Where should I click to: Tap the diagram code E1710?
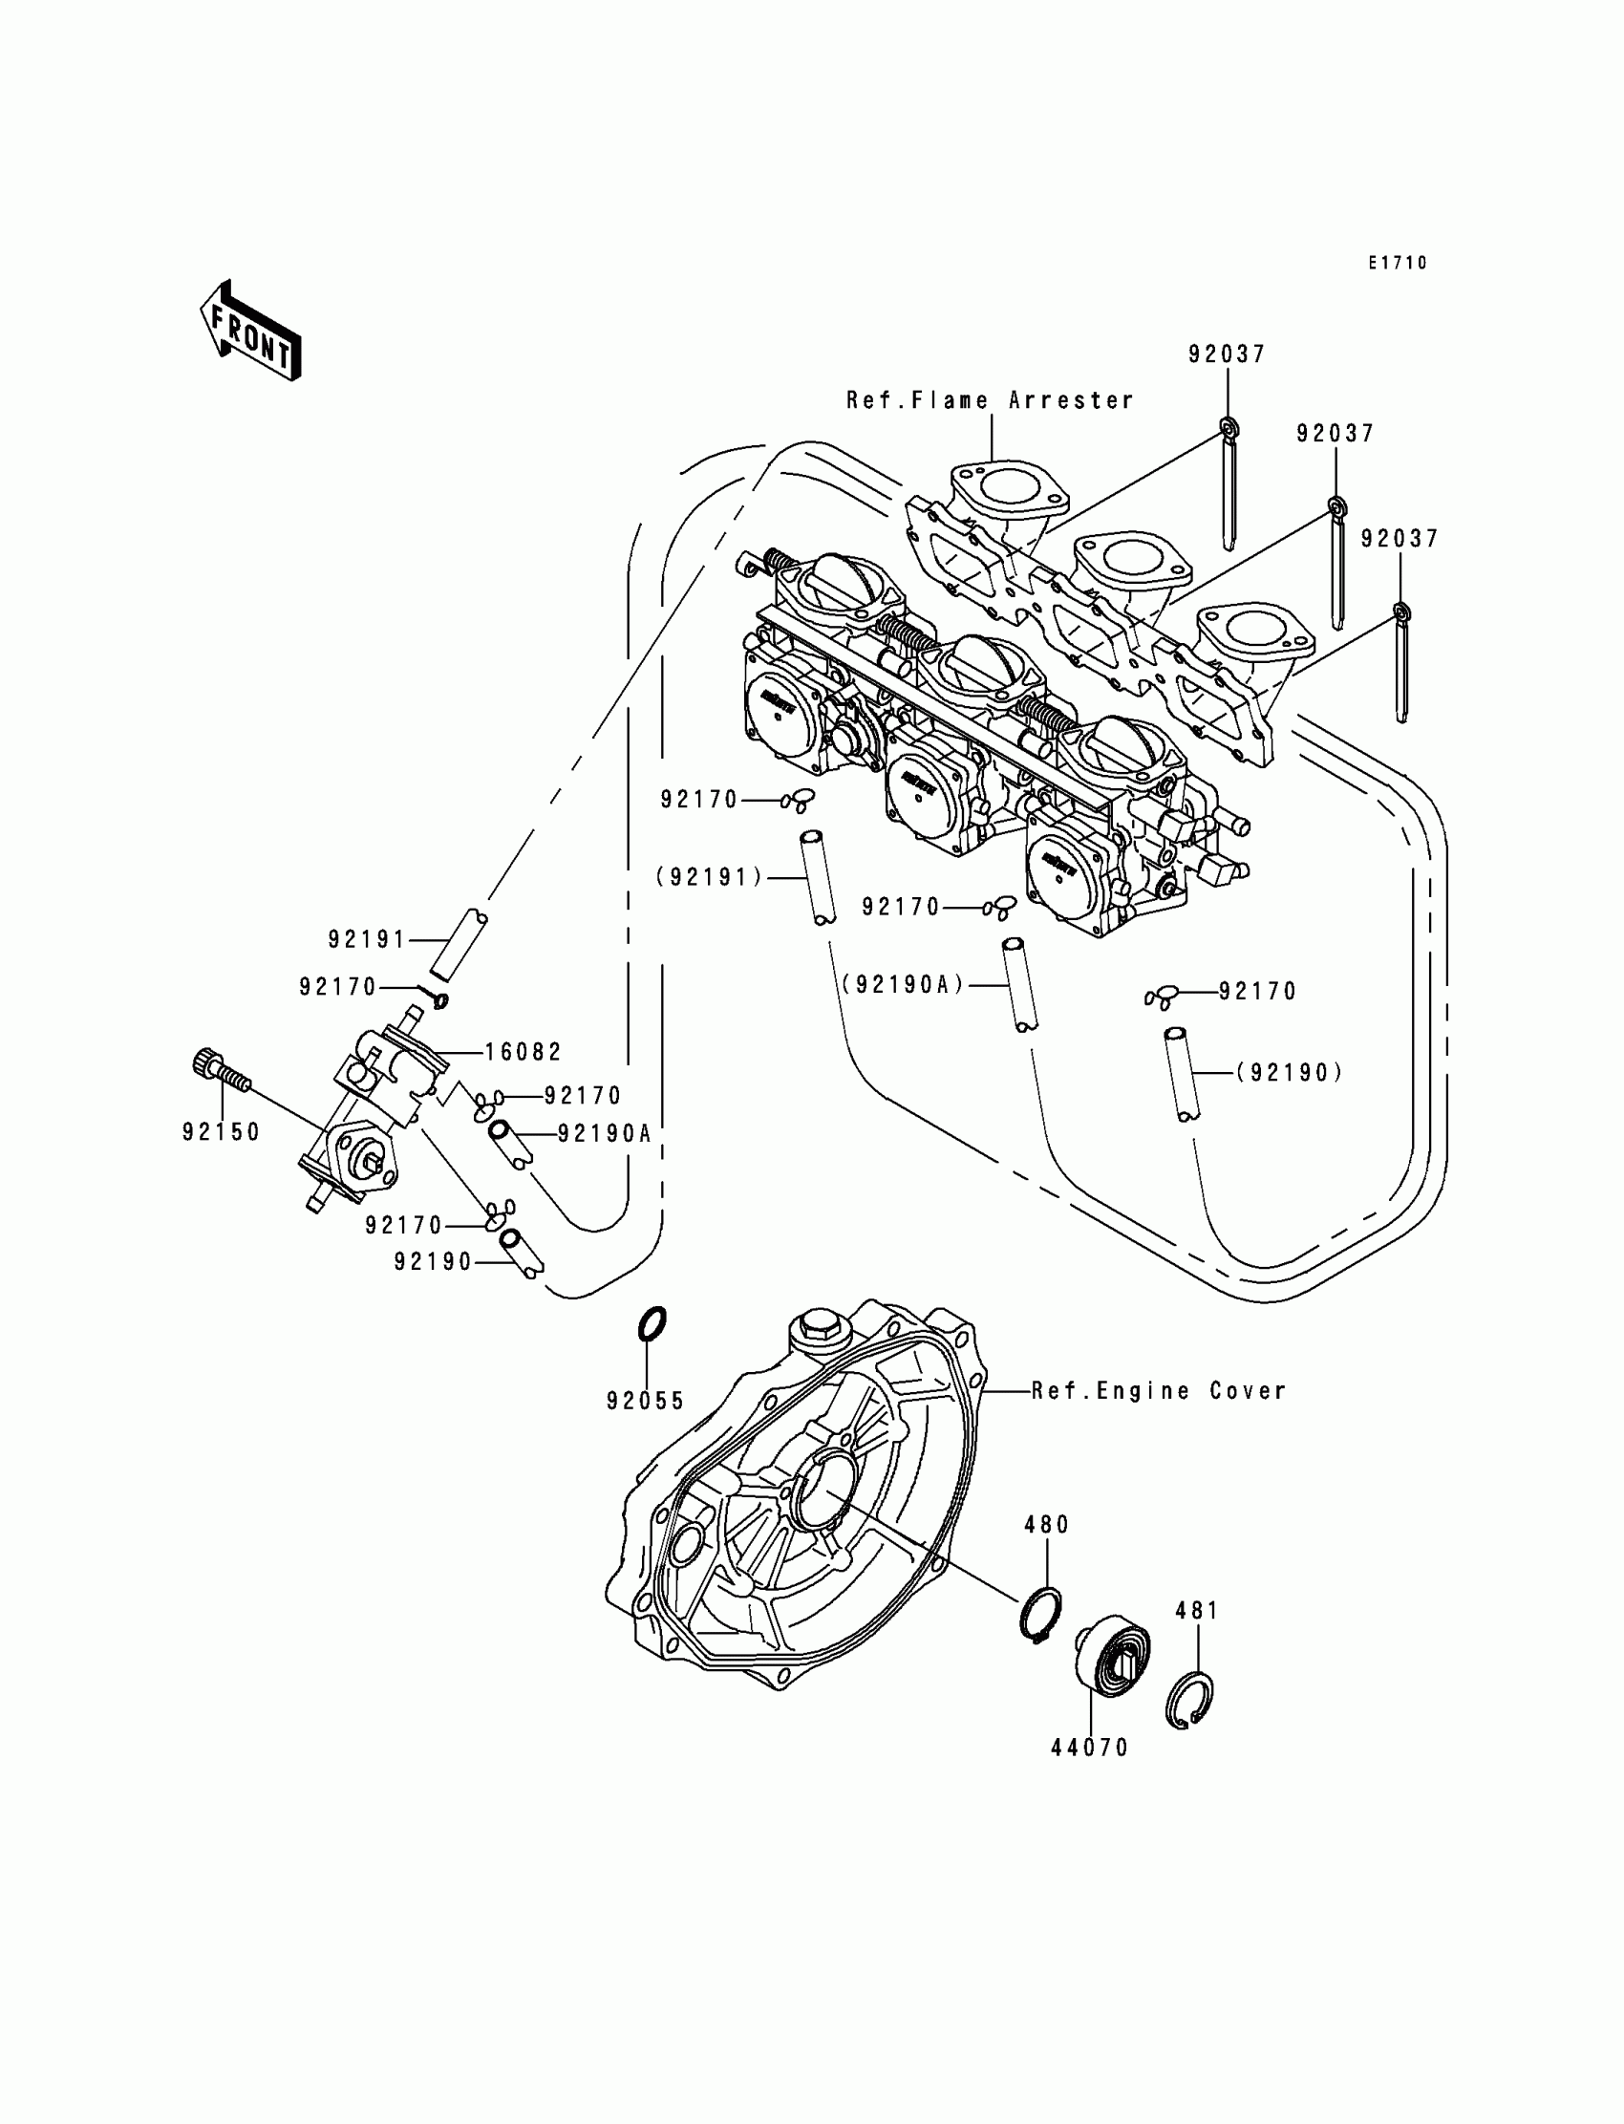(1397, 263)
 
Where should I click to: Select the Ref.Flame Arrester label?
(990, 400)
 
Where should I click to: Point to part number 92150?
(222, 1132)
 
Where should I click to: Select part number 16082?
(523, 1052)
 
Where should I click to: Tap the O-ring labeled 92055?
(653, 1323)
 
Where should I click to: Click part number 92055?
(645, 1401)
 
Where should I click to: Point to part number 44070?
(1089, 1748)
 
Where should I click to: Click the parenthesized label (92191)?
(710, 877)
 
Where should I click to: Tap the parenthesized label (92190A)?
(903, 984)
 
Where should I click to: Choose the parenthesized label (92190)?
(1290, 1072)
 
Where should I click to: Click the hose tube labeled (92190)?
(1181, 1074)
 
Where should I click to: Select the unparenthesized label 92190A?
(604, 1133)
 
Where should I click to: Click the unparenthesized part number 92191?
(368, 938)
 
